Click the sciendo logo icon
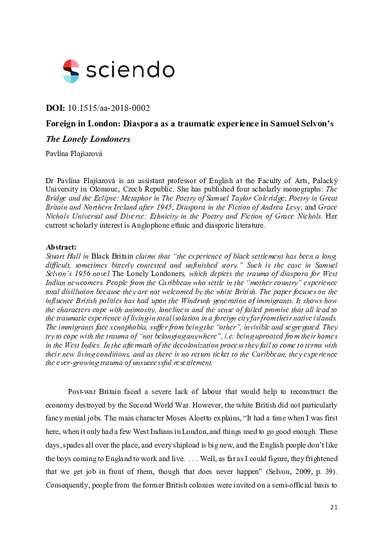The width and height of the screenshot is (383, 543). point(71,71)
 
